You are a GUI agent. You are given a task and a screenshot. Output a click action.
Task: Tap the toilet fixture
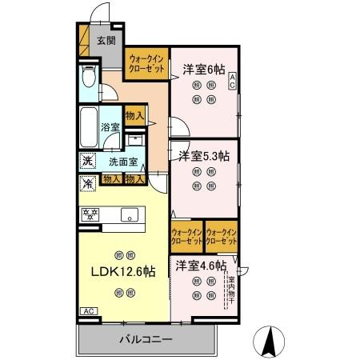click(89, 81)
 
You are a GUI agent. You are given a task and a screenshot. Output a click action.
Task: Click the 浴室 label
click(110, 127)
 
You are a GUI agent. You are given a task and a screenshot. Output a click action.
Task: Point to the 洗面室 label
click(123, 161)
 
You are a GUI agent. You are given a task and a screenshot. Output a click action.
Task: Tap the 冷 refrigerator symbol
click(87, 182)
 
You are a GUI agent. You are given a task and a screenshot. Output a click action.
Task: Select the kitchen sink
click(128, 214)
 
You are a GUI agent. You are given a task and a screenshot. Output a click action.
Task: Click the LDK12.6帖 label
click(123, 271)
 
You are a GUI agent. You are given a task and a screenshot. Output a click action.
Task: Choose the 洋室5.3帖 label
click(204, 154)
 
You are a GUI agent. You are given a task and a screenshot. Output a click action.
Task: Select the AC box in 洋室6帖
click(232, 79)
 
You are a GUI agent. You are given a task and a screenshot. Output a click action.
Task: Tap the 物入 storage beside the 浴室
click(135, 116)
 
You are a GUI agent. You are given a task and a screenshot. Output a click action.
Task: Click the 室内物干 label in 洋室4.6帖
click(232, 287)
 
